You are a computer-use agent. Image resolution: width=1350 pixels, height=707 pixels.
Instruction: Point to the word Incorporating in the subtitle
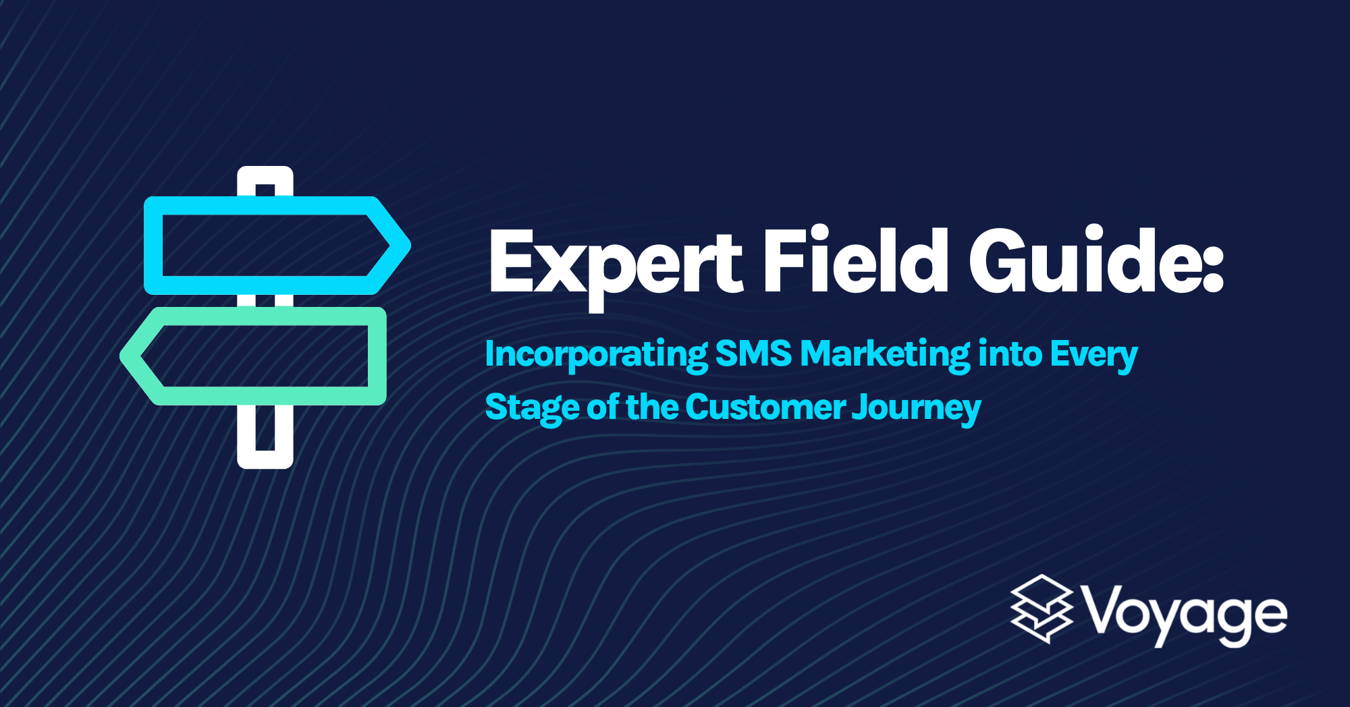[x=596, y=354]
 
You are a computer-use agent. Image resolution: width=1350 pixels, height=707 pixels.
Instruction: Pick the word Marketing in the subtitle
[x=885, y=354]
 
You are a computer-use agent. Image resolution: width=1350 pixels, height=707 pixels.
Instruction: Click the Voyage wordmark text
[x=1185, y=615]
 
